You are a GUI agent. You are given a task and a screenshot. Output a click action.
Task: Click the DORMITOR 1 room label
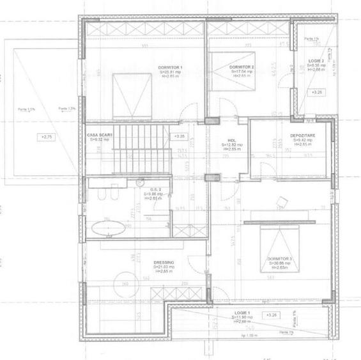point(171,67)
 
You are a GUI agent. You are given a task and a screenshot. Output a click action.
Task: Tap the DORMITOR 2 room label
point(242,67)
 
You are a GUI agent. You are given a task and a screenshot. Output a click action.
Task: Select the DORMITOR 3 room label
point(280,258)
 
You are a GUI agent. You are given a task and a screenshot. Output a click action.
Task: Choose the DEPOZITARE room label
point(303,136)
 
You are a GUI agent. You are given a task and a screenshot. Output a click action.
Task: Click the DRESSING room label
point(164,262)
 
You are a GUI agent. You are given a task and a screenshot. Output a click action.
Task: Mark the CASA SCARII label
point(99,136)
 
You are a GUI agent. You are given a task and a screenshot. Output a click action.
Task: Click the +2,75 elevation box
point(47,137)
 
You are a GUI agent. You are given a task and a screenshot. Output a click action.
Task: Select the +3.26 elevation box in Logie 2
point(317,93)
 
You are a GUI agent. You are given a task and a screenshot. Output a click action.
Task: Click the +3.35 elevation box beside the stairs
point(180,136)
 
